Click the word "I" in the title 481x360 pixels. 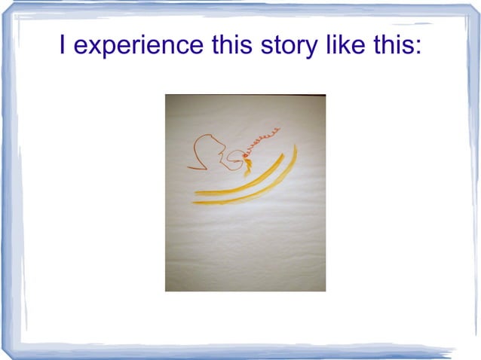63,46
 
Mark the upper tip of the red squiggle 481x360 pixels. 279,129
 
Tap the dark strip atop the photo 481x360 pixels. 245,96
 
